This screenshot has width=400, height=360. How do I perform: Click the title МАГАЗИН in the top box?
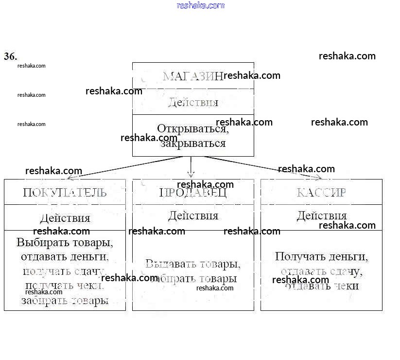point(192,76)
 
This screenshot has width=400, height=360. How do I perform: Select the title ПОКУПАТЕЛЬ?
point(65,192)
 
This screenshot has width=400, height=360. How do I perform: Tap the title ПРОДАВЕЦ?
point(193,193)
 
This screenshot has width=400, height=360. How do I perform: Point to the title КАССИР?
point(321,192)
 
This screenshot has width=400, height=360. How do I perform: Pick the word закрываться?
point(193,143)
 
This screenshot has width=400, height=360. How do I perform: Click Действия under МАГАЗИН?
point(193,102)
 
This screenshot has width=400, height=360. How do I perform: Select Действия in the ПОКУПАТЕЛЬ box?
point(65,218)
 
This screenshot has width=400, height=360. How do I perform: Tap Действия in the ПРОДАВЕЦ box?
point(193,216)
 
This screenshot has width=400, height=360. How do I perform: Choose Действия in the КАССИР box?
point(321,216)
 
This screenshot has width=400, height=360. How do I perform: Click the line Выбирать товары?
point(65,242)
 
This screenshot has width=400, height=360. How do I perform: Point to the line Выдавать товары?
point(193,265)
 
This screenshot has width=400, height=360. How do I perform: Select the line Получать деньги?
point(321,256)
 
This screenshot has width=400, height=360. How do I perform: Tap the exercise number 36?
point(10,56)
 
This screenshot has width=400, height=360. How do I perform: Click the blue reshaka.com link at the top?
point(201,6)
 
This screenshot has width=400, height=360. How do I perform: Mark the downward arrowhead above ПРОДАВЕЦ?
point(191,174)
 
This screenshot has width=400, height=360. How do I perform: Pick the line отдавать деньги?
point(65,256)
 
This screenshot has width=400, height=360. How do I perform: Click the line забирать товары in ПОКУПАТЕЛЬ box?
point(65,300)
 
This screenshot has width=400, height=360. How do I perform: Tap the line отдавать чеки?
point(321,286)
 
